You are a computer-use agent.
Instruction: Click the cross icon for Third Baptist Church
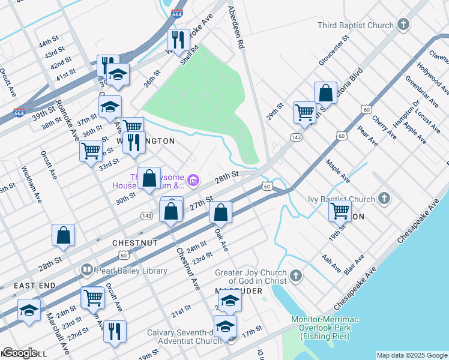point(403,25)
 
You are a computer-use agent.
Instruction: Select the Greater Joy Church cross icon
point(295,275)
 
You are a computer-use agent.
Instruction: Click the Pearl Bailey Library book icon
point(87,271)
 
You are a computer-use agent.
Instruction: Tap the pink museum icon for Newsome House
point(193,180)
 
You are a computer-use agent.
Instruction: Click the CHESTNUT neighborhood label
point(135,243)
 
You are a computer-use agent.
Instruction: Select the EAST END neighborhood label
point(35,286)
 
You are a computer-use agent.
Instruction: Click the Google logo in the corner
point(20,353)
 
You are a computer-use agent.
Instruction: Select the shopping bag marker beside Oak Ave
point(221,212)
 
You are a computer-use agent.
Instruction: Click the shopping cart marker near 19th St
point(340,211)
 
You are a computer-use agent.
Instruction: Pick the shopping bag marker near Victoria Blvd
point(325,93)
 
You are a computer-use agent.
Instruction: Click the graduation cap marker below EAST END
point(29,310)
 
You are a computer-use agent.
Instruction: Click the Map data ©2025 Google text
point(411,355)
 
